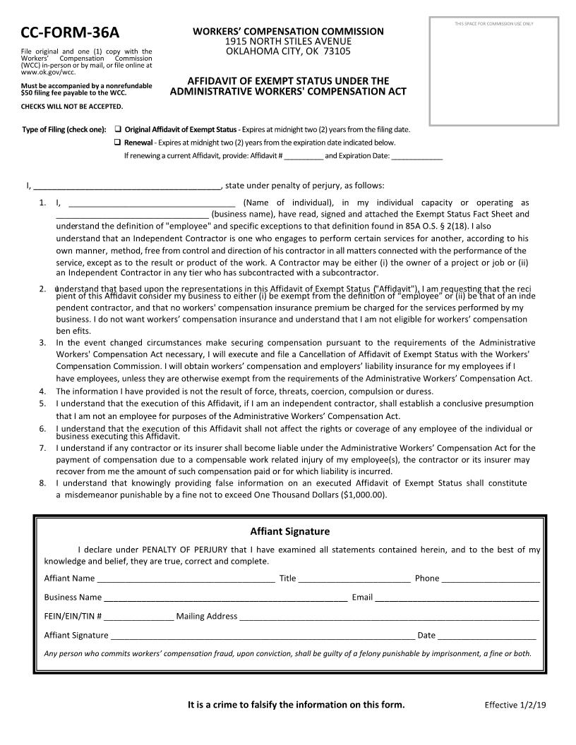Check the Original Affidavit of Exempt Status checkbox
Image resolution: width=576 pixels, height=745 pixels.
[x=118, y=130]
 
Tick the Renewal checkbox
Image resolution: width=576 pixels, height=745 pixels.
[x=118, y=143]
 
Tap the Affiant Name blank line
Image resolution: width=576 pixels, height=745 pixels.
[x=186, y=579]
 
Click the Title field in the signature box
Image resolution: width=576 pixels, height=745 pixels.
[x=354, y=579]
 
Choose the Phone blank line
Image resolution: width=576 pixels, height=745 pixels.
[x=491, y=579]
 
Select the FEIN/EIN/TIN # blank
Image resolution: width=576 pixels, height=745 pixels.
[x=138, y=617]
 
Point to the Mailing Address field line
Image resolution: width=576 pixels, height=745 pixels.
[x=389, y=617]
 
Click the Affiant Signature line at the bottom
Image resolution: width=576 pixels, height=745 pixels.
[x=262, y=636]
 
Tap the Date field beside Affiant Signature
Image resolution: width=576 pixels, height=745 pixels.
[x=486, y=636]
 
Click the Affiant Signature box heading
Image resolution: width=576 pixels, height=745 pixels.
[x=289, y=531]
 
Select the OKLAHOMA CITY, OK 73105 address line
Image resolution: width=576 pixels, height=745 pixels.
[x=288, y=52]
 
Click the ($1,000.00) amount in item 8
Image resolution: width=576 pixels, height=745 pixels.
[x=364, y=495]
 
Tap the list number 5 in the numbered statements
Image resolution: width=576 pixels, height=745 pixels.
[x=42, y=404]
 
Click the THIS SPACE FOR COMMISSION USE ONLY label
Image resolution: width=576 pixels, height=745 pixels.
[x=494, y=24]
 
